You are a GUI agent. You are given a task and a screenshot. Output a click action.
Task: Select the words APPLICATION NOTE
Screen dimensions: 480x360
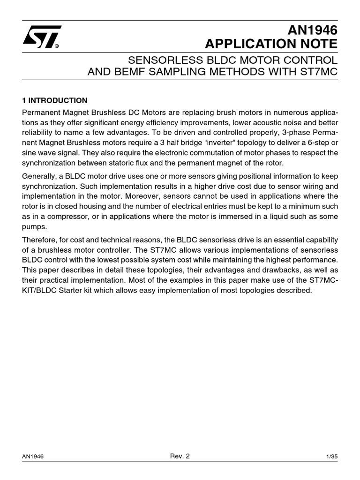[x=271, y=45]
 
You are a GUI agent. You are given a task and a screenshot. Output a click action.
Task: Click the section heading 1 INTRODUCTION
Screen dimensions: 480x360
[x=55, y=100]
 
